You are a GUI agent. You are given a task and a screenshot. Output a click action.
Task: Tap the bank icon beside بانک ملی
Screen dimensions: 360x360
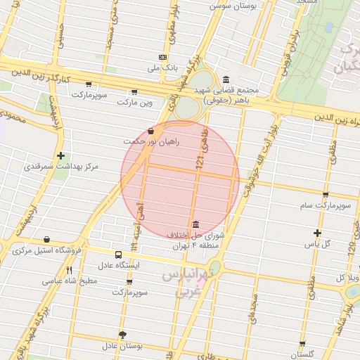[163, 57]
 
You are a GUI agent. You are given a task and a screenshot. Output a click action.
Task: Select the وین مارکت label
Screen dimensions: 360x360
[135, 103]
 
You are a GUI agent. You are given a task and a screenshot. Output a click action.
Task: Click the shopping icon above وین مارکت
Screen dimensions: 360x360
[134, 91]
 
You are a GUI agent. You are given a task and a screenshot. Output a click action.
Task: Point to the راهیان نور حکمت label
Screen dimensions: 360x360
[151, 142]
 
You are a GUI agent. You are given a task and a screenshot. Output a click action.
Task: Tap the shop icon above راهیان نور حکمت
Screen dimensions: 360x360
[151, 131]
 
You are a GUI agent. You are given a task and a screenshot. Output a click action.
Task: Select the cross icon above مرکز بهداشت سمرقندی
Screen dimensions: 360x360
[61, 155]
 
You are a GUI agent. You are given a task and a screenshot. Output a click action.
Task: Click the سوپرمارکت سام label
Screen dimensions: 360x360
[325, 206]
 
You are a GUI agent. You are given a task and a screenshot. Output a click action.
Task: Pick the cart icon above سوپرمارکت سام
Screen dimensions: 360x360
[326, 195]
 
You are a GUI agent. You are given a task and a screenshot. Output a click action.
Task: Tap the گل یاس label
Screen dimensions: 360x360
[316, 244]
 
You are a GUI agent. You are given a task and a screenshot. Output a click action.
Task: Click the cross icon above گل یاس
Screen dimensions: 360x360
[317, 233]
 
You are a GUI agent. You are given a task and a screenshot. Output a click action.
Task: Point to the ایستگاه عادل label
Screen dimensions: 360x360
[118, 266]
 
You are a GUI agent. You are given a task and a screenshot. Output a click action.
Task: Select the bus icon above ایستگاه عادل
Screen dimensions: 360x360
[117, 255]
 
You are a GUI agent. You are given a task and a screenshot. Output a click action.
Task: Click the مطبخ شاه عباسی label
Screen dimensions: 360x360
[69, 281]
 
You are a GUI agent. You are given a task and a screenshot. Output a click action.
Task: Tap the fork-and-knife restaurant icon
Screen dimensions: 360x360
[69, 270]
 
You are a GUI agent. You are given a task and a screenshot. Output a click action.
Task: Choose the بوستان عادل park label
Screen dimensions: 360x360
[122, 346]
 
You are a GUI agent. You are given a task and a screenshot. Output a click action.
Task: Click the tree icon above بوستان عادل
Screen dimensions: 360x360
[122, 335]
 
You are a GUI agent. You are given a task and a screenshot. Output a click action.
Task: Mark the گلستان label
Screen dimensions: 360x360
[302, 354]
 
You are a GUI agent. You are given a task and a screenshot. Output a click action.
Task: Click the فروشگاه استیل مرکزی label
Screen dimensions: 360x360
[48, 250]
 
